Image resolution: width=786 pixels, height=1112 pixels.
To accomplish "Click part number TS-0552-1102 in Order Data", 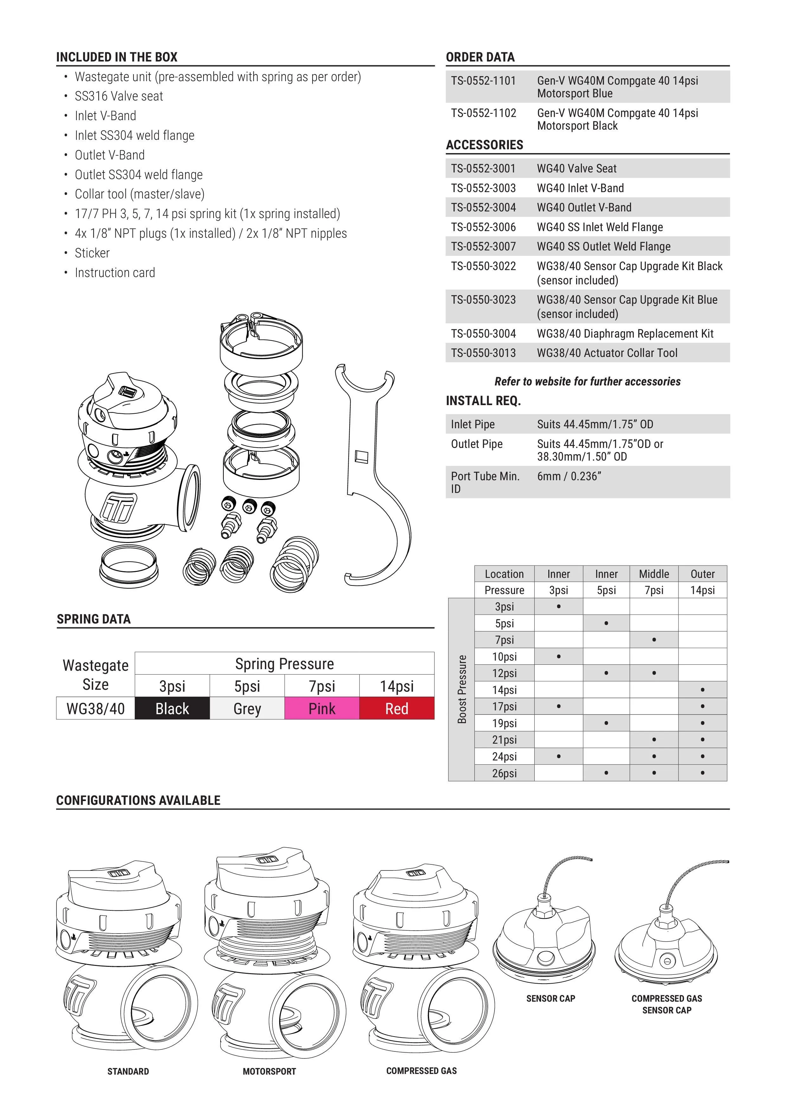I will [483, 113].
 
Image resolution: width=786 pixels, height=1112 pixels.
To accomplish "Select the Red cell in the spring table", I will [396, 708].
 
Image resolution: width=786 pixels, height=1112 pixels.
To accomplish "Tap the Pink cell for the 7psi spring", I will [322, 708].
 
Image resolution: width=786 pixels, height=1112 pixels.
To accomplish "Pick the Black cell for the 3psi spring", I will [172, 708].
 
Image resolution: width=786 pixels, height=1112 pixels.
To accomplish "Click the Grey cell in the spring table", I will [247, 708].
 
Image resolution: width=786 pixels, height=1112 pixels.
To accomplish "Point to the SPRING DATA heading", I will [93, 619].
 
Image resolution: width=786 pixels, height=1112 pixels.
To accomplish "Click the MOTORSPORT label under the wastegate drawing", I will [269, 1071].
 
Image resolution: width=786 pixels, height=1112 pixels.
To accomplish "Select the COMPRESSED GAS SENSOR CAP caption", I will [667, 1004].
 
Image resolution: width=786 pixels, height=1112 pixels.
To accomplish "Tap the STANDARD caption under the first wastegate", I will [128, 1071].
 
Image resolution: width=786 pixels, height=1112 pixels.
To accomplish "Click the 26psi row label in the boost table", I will [504, 773].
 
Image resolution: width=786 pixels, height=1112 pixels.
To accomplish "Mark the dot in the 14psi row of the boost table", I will [702, 690].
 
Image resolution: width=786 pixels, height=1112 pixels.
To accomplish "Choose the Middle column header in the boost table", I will [654, 574].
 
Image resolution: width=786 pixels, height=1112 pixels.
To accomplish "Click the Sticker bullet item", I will [92, 253].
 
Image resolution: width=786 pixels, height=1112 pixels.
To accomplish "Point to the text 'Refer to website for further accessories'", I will [587, 382].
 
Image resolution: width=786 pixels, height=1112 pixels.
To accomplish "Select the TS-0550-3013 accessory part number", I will [483, 353].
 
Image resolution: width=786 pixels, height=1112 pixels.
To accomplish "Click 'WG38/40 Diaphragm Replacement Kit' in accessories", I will [625, 334].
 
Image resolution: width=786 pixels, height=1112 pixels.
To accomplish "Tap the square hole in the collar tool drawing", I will [361, 456].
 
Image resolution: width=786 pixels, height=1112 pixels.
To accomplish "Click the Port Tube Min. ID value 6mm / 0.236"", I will [569, 476].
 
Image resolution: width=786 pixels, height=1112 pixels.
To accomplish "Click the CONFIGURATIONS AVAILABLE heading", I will [138, 800].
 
